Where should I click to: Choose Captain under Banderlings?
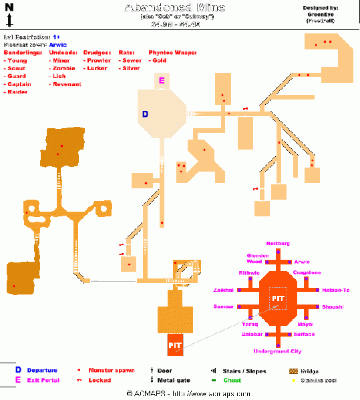click(20, 85)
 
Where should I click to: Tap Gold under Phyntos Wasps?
click(158, 61)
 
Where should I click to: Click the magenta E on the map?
click(161, 81)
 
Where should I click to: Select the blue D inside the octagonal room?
click(145, 114)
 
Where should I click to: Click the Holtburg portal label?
click(277, 243)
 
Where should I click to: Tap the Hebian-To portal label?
click(336, 290)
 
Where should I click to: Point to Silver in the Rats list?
click(130, 69)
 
